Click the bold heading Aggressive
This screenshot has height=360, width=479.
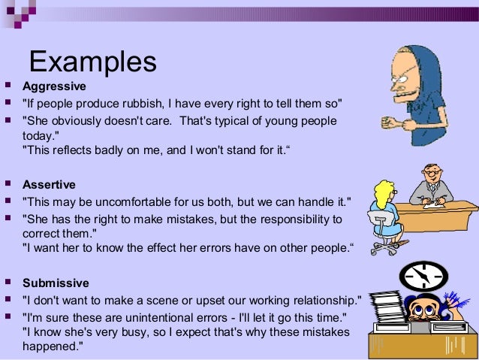pyautogui.click(x=54, y=86)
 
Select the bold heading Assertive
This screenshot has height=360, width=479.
pyautogui.click(x=49, y=184)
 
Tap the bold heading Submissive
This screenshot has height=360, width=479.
pyautogui.click(x=56, y=283)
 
